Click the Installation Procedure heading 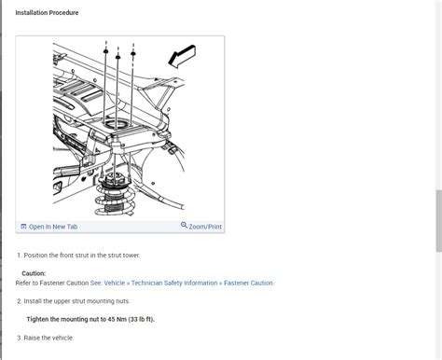47,13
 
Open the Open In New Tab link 53,227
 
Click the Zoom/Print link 204,227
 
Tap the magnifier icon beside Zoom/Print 184,227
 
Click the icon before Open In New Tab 23,227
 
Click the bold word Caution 34,273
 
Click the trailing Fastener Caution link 247,283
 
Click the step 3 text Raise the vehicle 48,338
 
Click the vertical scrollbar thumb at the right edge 438,219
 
